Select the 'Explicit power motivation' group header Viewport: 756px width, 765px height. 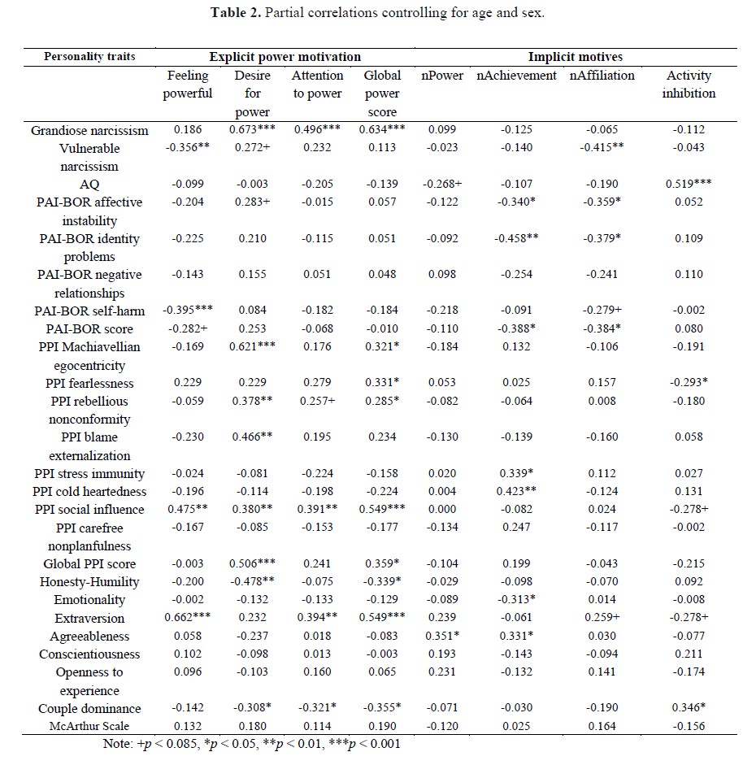pyautogui.click(x=285, y=57)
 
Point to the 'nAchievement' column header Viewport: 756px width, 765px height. pyautogui.click(x=516, y=76)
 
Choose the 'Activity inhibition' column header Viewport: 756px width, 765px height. pyautogui.click(x=689, y=85)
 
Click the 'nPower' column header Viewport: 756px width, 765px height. pyautogui.click(x=442, y=76)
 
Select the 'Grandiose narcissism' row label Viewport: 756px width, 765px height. pyautogui.click(x=89, y=130)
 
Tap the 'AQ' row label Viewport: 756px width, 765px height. pyautogui.click(x=89, y=185)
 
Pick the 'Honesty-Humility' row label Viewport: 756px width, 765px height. pyautogui.click(x=89, y=582)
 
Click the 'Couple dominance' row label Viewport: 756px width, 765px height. pyautogui.click(x=89, y=709)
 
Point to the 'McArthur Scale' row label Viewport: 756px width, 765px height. pyautogui.click(x=89, y=727)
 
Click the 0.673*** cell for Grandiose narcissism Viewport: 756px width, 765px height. pyautogui.click(x=252, y=130)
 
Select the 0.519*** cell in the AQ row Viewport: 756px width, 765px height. pyautogui.click(x=689, y=185)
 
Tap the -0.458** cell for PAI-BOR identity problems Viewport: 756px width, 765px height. pyautogui.click(x=516, y=239)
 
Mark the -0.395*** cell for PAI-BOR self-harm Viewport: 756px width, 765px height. pyautogui.click(x=188, y=311)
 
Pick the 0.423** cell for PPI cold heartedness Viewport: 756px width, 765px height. pyautogui.click(x=516, y=492)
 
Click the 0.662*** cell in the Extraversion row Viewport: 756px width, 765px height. pyautogui.click(x=188, y=618)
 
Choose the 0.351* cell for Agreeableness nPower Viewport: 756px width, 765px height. pyautogui.click(x=442, y=637)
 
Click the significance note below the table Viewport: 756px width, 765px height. pyautogui.click(x=252, y=744)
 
